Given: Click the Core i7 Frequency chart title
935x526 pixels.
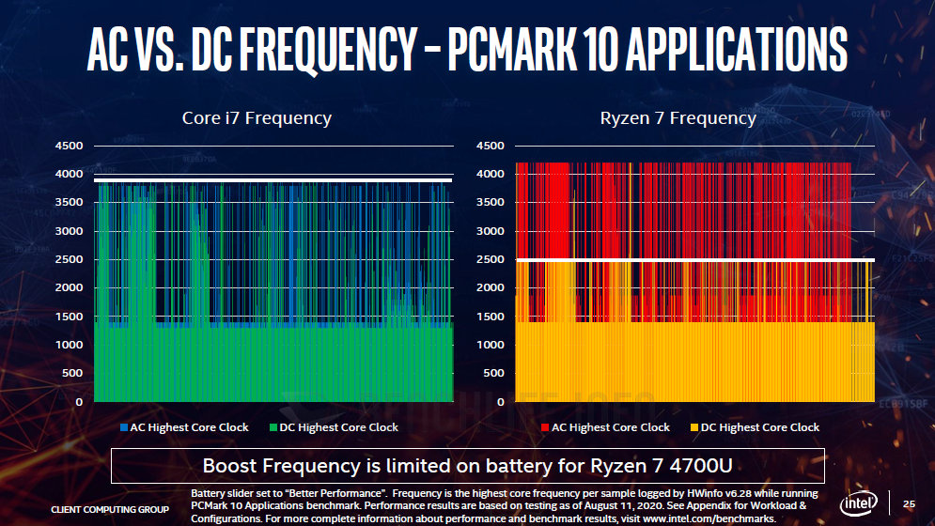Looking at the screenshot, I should tap(256, 118).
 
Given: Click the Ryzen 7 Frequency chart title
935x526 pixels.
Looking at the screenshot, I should tap(678, 118).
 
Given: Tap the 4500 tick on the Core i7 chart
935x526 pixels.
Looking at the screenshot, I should tap(70, 146).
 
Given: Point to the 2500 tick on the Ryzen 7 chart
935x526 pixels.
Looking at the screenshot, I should tap(491, 259).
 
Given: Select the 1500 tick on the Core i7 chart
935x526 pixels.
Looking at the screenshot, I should tap(70, 317).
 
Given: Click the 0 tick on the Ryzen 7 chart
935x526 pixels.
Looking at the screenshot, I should tap(500, 402).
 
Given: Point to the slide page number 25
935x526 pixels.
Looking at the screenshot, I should tap(909, 504).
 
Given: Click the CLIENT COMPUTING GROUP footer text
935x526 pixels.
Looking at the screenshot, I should tap(110, 510).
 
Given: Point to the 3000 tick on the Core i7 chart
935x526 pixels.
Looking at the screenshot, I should tap(70, 231).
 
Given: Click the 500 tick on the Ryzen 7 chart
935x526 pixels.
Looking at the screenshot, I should tap(493, 374).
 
